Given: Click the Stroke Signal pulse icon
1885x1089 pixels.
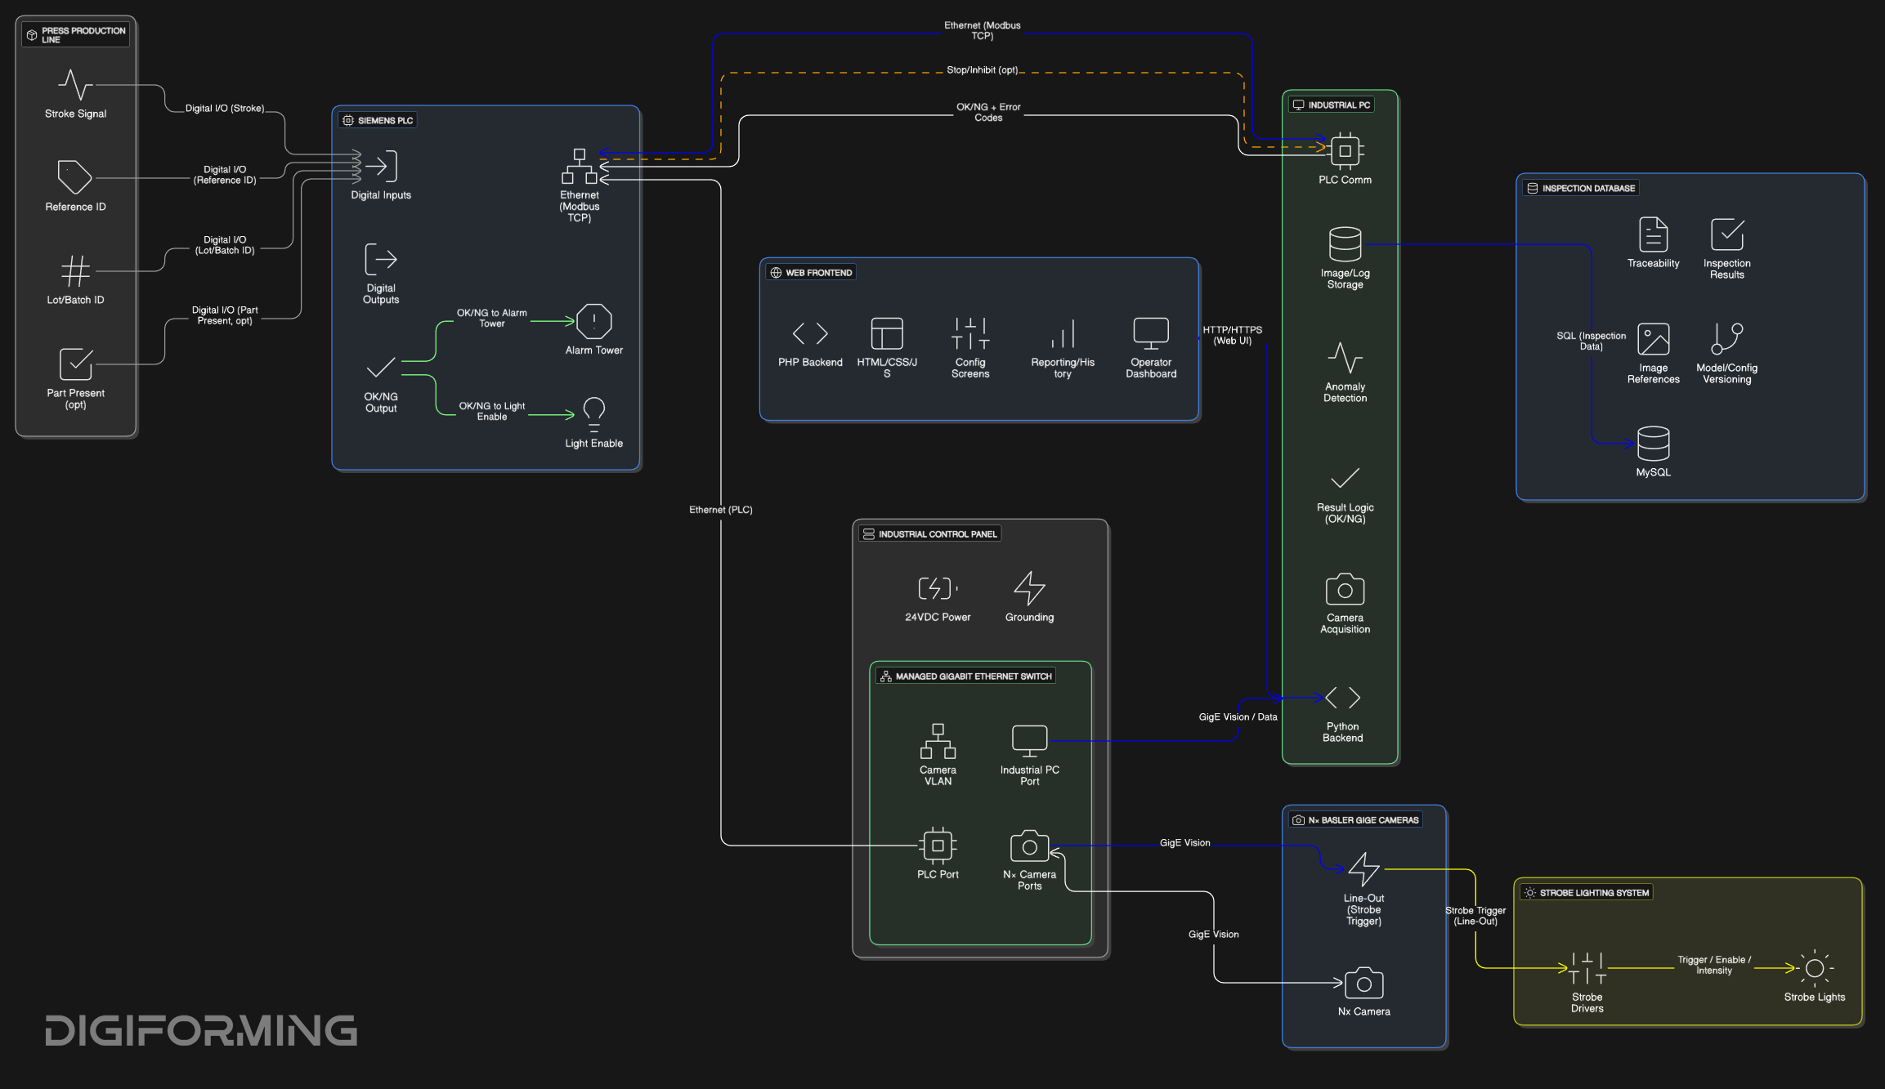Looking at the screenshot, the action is tap(75, 84).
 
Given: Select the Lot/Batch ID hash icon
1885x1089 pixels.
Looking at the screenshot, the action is tap(75, 270).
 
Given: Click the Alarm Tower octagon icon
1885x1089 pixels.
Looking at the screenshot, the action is tap(594, 321).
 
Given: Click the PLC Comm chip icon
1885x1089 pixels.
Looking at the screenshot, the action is tap(1345, 151).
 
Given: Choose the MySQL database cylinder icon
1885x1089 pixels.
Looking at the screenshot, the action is tap(1653, 444).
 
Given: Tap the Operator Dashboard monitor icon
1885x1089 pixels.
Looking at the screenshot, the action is tap(1151, 333).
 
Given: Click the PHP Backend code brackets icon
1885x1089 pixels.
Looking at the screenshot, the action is tap(810, 333).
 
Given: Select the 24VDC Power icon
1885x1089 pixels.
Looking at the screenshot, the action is tap(938, 588).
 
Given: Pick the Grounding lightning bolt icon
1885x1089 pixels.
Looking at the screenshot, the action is tap(1029, 588).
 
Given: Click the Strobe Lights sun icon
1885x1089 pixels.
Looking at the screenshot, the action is tap(1815, 968).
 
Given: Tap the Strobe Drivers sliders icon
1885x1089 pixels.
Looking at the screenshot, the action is tap(1587, 968).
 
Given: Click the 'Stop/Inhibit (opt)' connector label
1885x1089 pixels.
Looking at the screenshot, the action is tap(983, 70).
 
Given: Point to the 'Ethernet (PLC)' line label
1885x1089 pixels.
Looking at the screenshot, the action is tap(721, 510).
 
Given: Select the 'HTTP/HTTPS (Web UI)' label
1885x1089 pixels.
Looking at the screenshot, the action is tap(1232, 335).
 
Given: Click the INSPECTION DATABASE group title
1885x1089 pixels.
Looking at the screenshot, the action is tap(1588, 188).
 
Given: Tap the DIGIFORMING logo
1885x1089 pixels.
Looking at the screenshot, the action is tap(201, 1030).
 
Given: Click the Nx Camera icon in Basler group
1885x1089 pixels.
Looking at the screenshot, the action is tap(1363, 983).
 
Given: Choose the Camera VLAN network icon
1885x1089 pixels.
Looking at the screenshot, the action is tap(938, 741).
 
